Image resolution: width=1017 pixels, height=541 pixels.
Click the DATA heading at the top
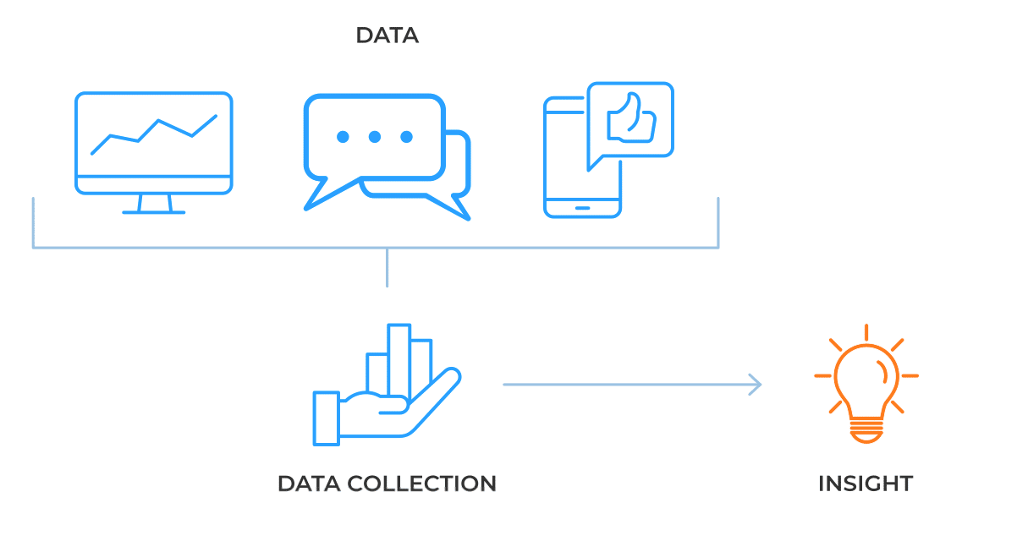(387, 36)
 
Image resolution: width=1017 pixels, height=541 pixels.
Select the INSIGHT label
(865, 484)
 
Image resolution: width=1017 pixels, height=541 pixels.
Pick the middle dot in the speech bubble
(374, 137)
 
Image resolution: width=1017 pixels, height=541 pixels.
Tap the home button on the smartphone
(582, 207)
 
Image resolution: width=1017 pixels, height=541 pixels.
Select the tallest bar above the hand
(399, 359)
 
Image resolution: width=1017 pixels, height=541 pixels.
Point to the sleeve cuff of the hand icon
(326, 418)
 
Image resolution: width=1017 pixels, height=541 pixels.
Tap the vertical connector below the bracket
(387, 268)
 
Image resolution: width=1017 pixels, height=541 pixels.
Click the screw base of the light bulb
(866, 432)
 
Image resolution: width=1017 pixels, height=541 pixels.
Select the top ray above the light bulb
(866, 331)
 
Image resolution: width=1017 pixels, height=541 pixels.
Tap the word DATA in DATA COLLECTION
(308, 484)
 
